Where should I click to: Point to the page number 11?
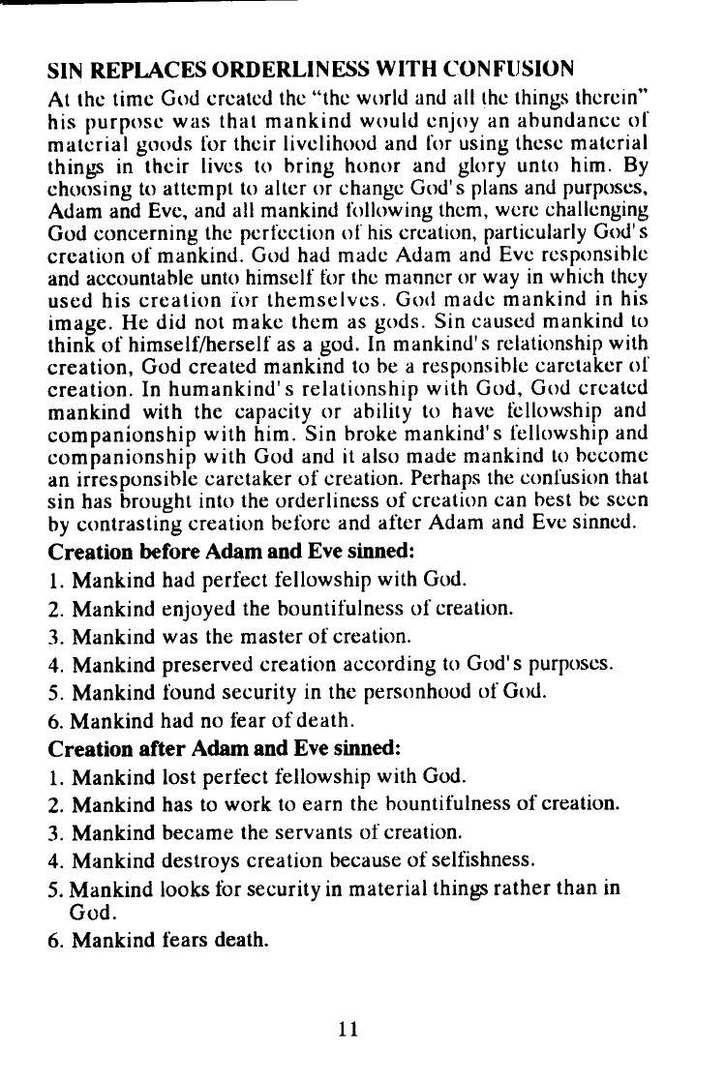(349, 1030)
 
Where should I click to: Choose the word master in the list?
(274, 637)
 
